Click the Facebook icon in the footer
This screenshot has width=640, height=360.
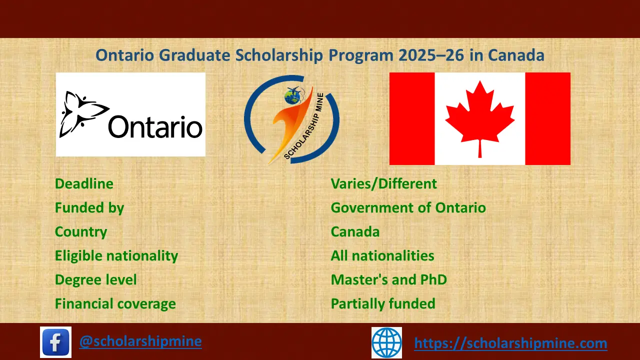click(x=55, y=342)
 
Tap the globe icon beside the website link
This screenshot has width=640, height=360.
click(x=386, y=342)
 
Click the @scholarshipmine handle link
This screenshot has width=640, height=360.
click(x=140, y=341)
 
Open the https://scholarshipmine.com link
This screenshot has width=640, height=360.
click(x=510, y=343)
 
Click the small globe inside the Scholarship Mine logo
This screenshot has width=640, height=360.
click(x=292, y=97)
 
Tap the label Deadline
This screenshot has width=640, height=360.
click(x=84, y=184)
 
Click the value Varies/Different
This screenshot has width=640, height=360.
click(x=383, y=184)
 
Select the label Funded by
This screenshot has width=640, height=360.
click(x=89, y=208)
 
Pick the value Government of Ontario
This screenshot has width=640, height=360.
click(x=408, y=208)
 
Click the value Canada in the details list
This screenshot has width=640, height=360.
click(x=355, y=232)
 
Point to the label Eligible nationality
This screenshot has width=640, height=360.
click(x=116, y=256)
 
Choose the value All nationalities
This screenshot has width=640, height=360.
click(x=382, y=256)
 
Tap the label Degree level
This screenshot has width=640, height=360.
click(x=95, y=280)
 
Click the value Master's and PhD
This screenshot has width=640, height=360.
click(x=388, y=280)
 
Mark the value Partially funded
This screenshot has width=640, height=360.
click(x=383, y=304)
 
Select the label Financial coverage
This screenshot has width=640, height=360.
click(x=115, y=304)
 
